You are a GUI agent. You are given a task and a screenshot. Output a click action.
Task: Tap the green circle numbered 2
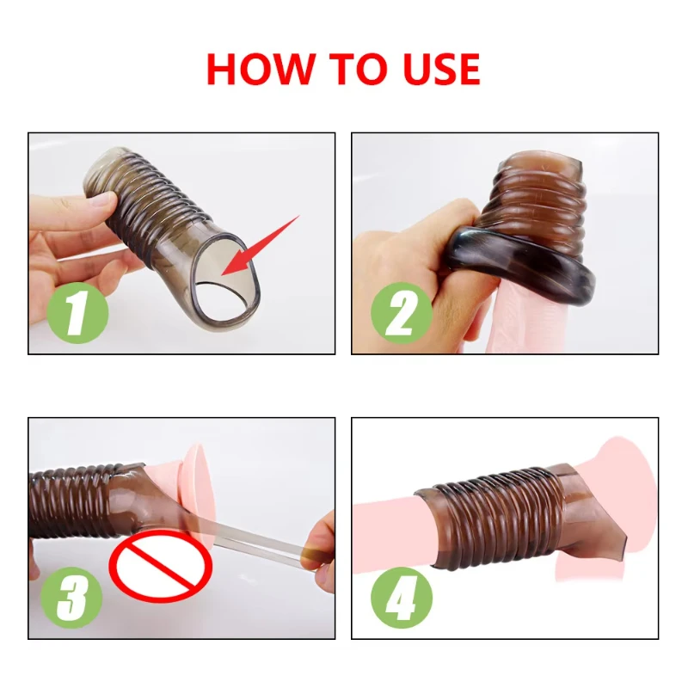click(x=402, y=311)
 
